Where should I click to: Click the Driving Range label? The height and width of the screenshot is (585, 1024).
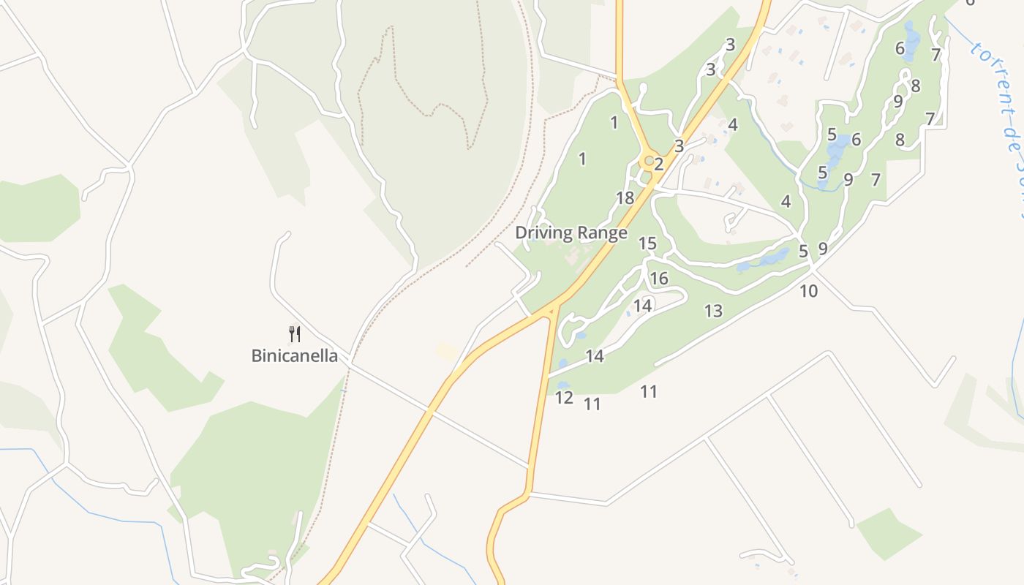click(571, 233)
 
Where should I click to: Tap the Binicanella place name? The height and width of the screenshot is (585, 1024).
click(295, 356)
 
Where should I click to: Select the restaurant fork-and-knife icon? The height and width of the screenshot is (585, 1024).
click(295, 334)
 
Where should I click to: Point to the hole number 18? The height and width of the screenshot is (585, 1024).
click(625, 198)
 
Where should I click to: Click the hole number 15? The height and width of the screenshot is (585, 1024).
click(647, 244)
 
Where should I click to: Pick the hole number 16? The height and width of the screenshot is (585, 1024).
click(659, 279)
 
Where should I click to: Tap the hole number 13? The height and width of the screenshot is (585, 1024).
click(713, 312)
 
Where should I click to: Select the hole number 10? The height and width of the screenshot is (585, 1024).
click(808, 291)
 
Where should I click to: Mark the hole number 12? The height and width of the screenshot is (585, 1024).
click(564, 398)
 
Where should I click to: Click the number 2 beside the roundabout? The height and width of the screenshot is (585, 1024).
click(658, 165)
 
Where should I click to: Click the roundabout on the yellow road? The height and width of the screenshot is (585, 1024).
click(648, 160)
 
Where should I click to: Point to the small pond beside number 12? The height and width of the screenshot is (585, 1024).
click(563, 385)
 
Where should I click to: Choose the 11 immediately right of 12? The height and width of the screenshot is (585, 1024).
click(592, 404)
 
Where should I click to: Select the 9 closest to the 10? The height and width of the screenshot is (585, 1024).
click(823, 249)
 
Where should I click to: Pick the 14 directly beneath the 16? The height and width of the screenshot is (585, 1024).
click(643, 306)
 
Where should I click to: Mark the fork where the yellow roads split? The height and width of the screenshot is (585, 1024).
click(554, 311)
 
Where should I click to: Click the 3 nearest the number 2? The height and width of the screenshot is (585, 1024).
click(679, 146)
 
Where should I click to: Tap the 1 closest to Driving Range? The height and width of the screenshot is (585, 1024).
click(582, 159)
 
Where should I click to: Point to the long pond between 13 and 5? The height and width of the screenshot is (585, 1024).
click(764, 260)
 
